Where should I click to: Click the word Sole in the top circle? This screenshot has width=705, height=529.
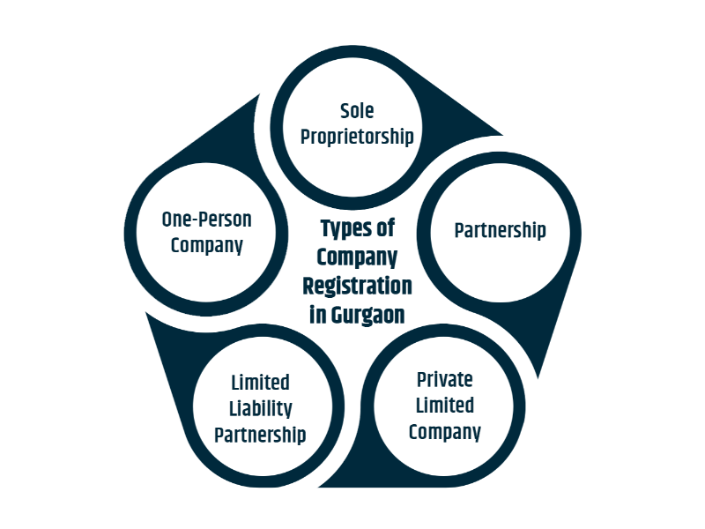(x=357, y=111)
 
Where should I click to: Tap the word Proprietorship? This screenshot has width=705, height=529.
(x=357, y=137)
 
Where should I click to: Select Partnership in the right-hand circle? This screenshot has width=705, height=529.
(x=500, y=231)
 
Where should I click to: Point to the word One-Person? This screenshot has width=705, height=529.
(x=206, y=220)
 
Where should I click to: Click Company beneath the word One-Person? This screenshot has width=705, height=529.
(x=206, y=245)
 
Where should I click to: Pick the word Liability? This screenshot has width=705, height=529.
(x=261, y=409)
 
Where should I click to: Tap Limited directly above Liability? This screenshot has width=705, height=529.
(x=261, y=384)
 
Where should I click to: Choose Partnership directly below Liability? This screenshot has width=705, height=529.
(x=261, y=435)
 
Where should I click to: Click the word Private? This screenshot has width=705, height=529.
(x=444, y=380)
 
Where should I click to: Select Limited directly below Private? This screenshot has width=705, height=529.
(x=444, y=406)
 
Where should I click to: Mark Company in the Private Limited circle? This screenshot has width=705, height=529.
(x=444, y=432)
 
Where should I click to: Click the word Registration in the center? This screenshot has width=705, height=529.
(x=357, y=287)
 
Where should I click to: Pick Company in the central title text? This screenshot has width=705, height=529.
(x=357, y=257)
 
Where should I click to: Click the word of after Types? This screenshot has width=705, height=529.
(x=384, y=228)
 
